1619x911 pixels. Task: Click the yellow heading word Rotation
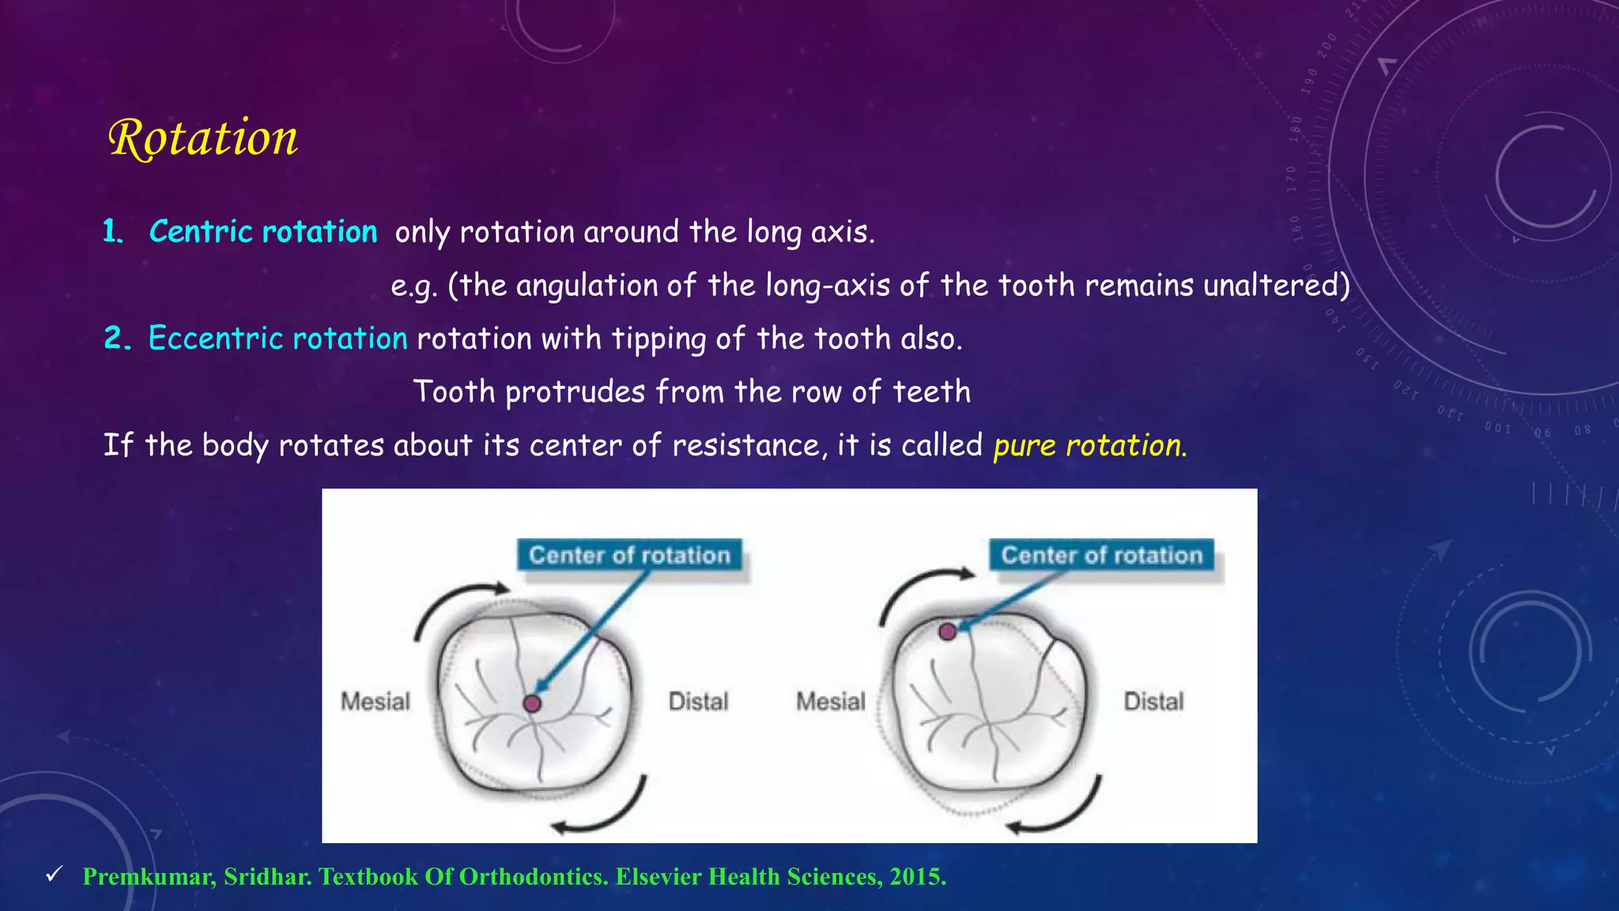(203, 138)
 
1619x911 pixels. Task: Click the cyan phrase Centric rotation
(263, 232)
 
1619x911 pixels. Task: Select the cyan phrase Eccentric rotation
(277, 338)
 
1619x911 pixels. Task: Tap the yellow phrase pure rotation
(1089, 445)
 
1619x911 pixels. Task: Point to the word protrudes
(575, 392)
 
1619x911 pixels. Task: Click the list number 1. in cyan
(113, 232)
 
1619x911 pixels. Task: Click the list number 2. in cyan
(117, 338)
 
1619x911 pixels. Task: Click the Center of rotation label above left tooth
(629, 555)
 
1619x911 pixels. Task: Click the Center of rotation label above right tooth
(1101, 555)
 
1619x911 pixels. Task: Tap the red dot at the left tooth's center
(532, 703)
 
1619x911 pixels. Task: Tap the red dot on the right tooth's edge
(947, 631)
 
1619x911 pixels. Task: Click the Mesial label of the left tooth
(376, 701)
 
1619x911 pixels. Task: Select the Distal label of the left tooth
(698, 701)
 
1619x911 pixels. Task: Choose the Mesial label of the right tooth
(831, 701)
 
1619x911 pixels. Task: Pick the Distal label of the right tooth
(1153, 701)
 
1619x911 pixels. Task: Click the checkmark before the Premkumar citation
(54, 874)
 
